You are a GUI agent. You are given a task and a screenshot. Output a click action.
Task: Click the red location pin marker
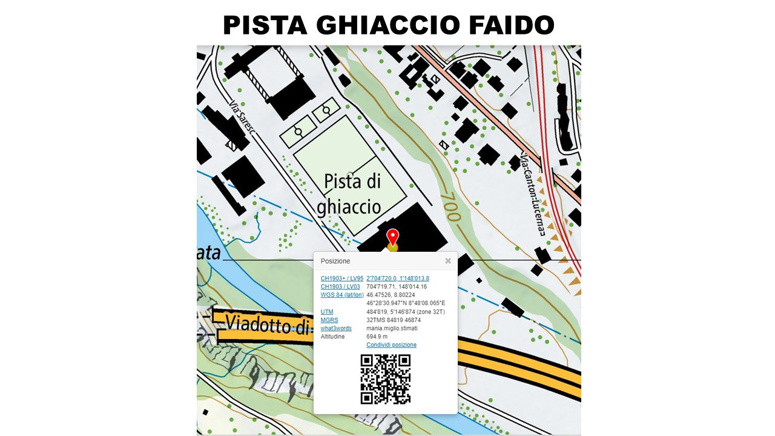[x=393, y=237]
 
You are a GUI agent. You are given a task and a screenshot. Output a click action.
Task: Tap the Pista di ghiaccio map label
[x=350, y=194]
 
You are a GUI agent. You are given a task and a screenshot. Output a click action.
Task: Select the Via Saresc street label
[x=242, y=119]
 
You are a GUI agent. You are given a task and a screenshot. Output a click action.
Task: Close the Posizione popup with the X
[x=448, y=261]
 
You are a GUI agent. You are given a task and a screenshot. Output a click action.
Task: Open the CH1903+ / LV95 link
[x=342, y=279]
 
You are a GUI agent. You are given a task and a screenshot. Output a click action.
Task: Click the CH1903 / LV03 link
[x=340, y=286]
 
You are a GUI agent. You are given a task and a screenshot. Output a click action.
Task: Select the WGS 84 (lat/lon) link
[x=341, y=295]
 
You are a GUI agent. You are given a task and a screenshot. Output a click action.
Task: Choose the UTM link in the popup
[x=327, y=312]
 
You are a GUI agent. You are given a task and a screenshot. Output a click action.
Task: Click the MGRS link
[x=329, y=320]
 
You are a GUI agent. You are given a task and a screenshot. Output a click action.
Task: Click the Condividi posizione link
[x=391, y=345]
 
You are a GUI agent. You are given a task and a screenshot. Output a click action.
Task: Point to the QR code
[x=386, y=379]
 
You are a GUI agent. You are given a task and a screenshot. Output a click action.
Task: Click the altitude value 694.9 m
[x=377, y=336]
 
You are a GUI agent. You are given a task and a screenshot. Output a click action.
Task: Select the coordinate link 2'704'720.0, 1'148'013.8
[x=398, y=279]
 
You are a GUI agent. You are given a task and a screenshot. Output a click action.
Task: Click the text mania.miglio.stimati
[x=392, y=328]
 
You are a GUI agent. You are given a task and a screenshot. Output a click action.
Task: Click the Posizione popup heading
[x=335, y=261]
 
